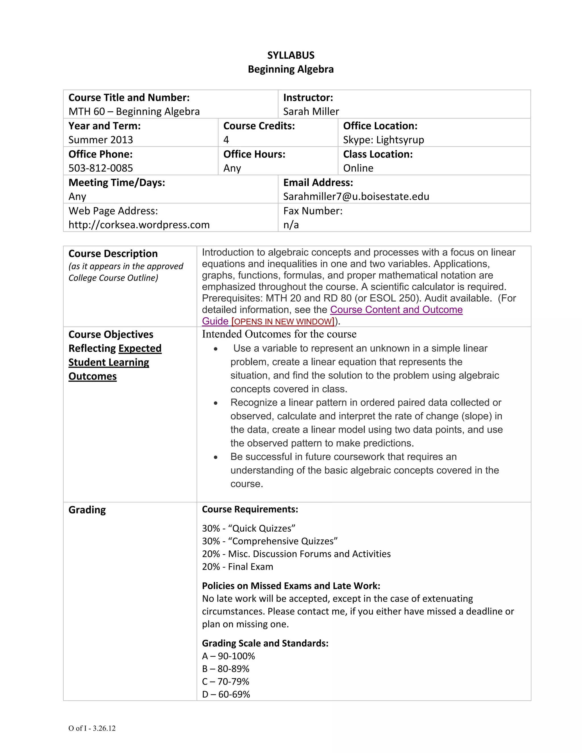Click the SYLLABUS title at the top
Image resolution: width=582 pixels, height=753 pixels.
(291, 55)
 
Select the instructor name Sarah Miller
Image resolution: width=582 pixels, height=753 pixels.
(311, 111)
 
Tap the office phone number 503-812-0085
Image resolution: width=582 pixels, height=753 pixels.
(101, 168)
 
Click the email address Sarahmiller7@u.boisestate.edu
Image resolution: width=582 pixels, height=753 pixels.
(356, 196)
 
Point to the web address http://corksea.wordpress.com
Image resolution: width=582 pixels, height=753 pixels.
(139, 224)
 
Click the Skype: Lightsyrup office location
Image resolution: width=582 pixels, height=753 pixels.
(383, 140)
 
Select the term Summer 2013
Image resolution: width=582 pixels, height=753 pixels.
(101, 140)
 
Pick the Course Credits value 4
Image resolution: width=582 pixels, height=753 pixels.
(226, 140)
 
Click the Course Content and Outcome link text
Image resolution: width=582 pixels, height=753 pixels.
(396, 310)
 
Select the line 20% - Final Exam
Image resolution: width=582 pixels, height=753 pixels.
(238, 567)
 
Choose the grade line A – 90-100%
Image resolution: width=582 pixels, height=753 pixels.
(228, 656)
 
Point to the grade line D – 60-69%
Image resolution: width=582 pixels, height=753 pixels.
(226, 694)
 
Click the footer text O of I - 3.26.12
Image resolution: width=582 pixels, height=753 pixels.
(92, 728)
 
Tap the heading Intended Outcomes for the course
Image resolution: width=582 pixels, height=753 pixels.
(279, 334)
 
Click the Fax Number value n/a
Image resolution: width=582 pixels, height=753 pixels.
(291, 224)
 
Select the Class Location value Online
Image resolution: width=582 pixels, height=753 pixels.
(358, 168)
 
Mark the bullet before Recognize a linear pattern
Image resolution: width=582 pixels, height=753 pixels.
(215, 403)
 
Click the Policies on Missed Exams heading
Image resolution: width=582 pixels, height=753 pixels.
(291, 586)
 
